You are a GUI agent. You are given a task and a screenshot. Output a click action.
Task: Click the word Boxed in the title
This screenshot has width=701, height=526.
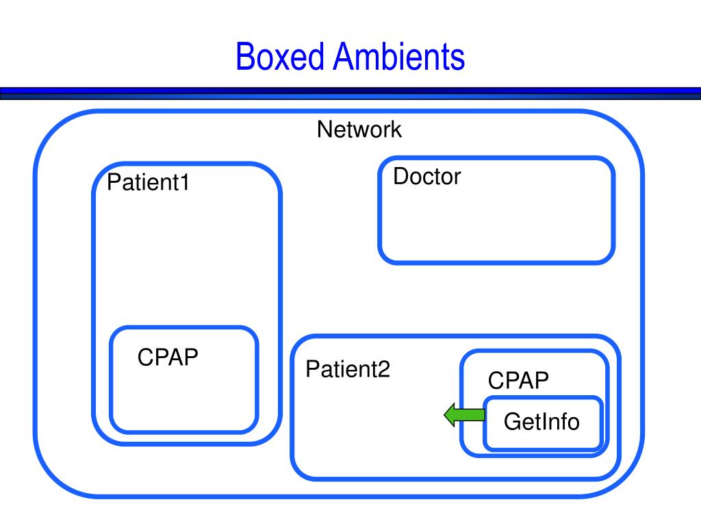(x=280, y=56)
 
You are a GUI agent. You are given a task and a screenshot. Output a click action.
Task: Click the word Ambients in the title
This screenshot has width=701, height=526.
(x=399, y=56)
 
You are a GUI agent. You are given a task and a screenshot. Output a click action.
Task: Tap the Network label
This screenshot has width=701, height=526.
(x=359, y=129)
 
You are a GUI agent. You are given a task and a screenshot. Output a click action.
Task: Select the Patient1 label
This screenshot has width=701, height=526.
(x=148, y=182)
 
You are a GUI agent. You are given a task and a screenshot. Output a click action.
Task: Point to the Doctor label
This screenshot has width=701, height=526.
(x=427, y=176)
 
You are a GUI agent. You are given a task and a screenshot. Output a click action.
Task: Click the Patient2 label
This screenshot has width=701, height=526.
(x=348, y=369)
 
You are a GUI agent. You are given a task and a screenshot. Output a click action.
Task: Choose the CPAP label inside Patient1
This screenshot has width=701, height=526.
(x=168, y=357)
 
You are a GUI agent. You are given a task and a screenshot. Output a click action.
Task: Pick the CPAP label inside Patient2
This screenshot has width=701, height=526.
(x=518, y=380)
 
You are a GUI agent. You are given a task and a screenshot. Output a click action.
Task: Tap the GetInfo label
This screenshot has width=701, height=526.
(x=541, y=421)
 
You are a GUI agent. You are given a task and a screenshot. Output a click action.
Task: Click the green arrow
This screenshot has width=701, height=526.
(x=465, y=415)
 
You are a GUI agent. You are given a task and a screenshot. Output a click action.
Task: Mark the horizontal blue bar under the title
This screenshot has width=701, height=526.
(x=350, y=93)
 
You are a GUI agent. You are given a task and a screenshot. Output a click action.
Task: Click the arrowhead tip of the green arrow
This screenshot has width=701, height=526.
(x=444, y=415)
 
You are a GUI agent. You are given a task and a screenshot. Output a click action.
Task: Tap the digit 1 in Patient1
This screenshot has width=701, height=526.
(x=185, y=182)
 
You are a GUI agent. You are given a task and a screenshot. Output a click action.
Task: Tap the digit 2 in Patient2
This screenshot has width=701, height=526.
(x=384, y=369)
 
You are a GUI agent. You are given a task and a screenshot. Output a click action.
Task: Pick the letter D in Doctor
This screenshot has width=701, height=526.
(x=401, y=176)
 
